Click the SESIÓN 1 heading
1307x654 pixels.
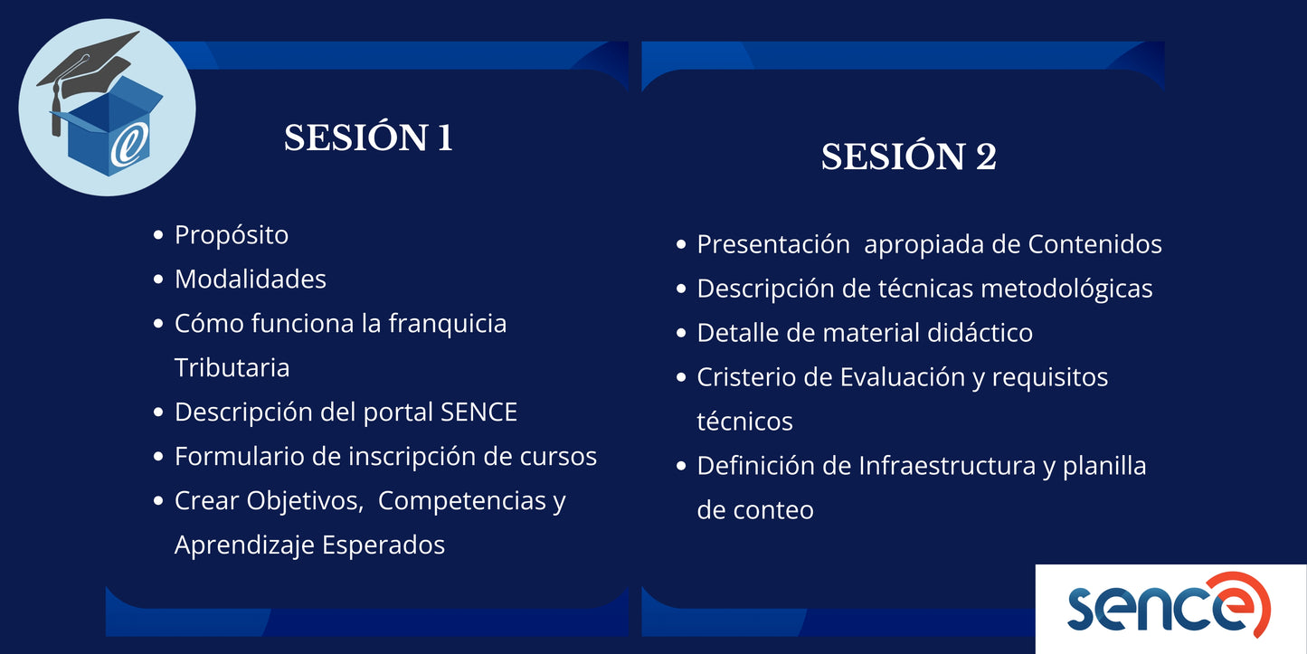coord(368,138)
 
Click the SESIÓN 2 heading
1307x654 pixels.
coord(908,157)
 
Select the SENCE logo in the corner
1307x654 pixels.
coord(1170,608)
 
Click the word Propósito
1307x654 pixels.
coord(232,235)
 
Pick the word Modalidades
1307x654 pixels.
coord(251,280)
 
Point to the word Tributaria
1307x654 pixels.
coord(232,368)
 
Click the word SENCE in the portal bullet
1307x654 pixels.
coord(478,412)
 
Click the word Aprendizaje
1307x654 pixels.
coord(242,545)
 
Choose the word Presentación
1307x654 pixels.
coord(772,244)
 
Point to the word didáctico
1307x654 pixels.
coord(980,333)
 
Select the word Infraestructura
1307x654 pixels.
coord(956,466)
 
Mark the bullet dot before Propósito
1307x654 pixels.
coord(158,235)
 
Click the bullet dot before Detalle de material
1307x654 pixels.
coord(681,333)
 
